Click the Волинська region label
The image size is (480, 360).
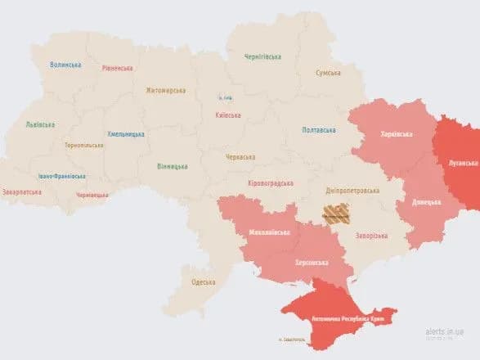(x=65, y=65)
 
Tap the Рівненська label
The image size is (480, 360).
(x=118, y=68)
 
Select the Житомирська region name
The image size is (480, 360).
(x=166, y=91)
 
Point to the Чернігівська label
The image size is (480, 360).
(x=262, y=56)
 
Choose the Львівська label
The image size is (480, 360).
(x=40, y=124)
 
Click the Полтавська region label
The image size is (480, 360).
(x=318, y=130)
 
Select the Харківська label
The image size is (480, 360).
(x=397, y=134)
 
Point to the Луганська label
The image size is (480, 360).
(x=462, y=163)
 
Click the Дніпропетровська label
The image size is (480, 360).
(x=352, y=190)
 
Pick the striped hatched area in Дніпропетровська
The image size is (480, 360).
(x=335, y=214)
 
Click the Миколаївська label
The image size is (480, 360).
(x=268, y=232)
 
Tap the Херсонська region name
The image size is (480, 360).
(x=311, y=263)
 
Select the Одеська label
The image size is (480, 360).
(x=203, y=282)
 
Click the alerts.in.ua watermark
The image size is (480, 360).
(x=445, y=331)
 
